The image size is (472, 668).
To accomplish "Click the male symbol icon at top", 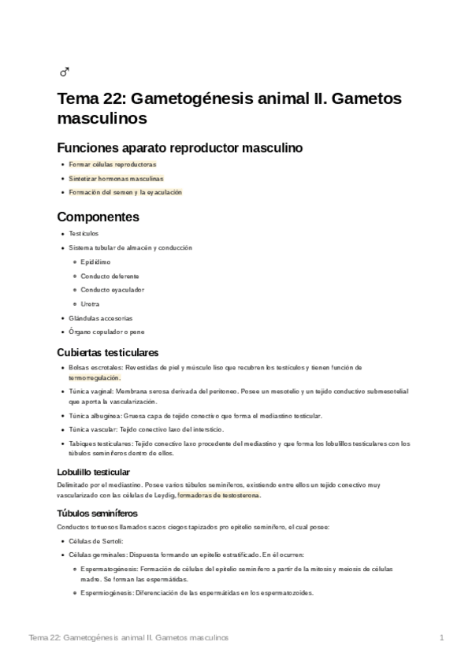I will tap(65, 73).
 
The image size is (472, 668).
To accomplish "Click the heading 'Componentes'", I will tap(98, 217).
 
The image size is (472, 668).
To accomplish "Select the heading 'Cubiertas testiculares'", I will tap(108, 351).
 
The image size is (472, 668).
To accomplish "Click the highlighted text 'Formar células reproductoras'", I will tap(113, 164).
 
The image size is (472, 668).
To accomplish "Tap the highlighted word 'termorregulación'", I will tap(98, 377).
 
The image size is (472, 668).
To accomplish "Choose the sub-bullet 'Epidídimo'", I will tap(95, 262).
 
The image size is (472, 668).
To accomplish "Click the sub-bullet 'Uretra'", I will tap(90, 303).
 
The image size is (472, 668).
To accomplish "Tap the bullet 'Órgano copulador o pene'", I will tap(106, 332).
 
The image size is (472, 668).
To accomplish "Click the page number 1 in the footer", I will tap(442, 636).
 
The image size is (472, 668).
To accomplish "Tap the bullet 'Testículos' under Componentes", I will tap(84, 233).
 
